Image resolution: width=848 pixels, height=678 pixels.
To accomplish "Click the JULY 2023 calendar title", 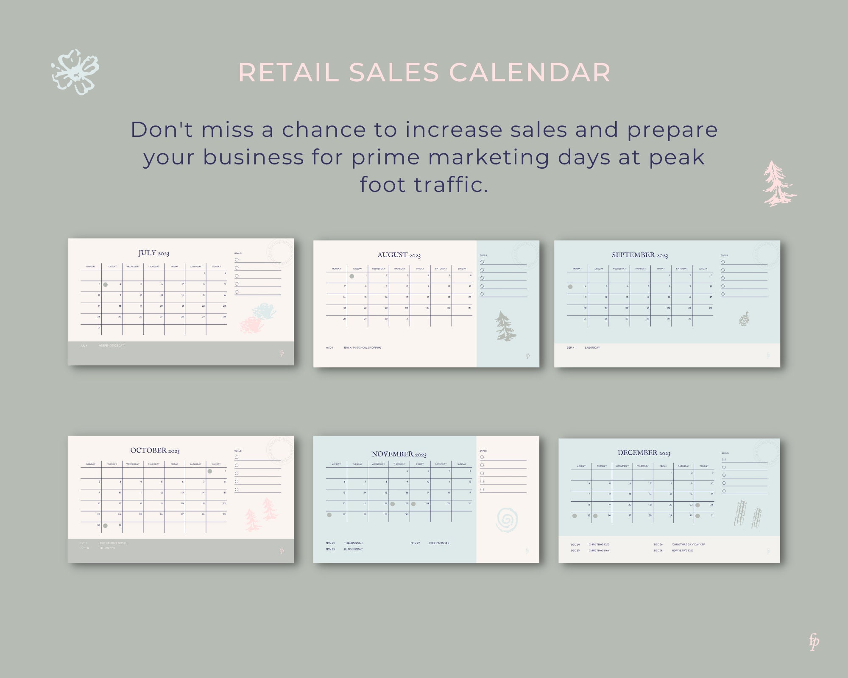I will pos(153,253).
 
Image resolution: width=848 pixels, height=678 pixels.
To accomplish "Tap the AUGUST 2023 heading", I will pos(399,255).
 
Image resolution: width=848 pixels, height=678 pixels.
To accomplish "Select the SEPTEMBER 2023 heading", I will pos(640,255).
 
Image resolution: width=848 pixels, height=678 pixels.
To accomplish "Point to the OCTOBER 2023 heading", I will pos(155,450).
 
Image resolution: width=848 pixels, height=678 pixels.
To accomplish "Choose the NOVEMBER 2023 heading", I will pos(399,454).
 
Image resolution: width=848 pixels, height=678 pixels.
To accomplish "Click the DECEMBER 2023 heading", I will pos(644,453).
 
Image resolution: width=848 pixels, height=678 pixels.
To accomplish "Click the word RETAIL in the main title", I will pos(288,72).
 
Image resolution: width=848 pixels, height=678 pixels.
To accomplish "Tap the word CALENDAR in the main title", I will pos(530,72).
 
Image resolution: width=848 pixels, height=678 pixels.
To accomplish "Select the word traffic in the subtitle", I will pos(451,185).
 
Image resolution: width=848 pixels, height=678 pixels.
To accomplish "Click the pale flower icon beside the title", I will pos(75,72).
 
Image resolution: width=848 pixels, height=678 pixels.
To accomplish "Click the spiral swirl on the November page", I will pos(506,520).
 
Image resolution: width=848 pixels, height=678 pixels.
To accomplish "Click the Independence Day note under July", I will pos(111,346).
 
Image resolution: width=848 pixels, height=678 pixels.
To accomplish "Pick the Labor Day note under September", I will pos(592,348).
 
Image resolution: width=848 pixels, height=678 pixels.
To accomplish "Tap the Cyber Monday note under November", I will pos(439,543).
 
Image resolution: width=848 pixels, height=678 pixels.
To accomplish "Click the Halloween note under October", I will pos(106,548).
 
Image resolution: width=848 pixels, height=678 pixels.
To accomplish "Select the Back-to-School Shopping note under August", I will pos(363,348).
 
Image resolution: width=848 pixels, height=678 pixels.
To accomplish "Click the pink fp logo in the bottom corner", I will pos(814,642).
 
